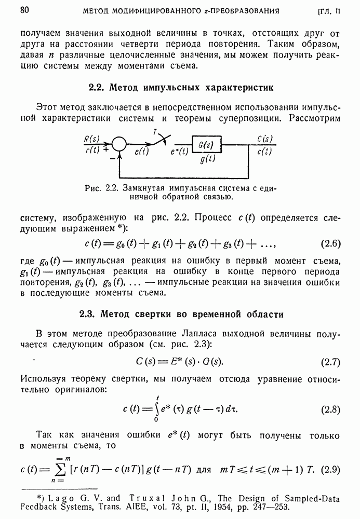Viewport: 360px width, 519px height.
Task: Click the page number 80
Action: pos(24,10)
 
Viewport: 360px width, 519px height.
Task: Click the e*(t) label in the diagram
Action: pos(178,152)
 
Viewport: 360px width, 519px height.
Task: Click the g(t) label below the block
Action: pos(207,160)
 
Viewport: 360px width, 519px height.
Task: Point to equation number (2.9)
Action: pos(330,470)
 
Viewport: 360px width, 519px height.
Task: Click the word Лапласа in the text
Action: pos(198,333)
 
